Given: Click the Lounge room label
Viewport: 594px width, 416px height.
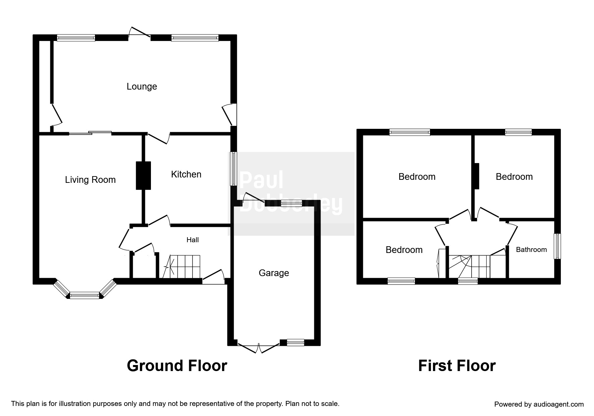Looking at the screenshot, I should [142, 87].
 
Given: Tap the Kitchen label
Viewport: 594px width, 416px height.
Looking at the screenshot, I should [186, 174].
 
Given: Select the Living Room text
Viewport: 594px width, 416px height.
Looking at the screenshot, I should [90, 180].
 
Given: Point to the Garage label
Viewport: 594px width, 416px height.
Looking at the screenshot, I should [274, 273].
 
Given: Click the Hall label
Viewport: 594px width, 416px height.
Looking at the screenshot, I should [193, 240].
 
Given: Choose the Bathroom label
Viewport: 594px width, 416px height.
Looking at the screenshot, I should [531, 250].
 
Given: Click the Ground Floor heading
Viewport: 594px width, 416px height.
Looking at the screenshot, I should [177, 366].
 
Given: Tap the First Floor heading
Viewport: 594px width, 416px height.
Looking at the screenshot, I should [456, 366].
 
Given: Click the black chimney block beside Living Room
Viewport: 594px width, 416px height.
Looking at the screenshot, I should [143, 175].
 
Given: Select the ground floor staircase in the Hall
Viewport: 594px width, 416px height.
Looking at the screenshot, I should [181, 267].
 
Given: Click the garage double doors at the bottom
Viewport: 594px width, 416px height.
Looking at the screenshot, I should [259, 348].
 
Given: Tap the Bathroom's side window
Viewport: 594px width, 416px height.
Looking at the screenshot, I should [557, 246].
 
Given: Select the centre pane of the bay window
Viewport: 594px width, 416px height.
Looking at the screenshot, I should [85, 296].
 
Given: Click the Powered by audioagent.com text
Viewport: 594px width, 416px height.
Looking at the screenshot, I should [539, 404].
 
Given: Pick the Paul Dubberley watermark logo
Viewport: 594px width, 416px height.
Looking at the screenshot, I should [291, 193].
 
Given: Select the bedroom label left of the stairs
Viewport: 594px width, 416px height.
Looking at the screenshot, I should [404, 250].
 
